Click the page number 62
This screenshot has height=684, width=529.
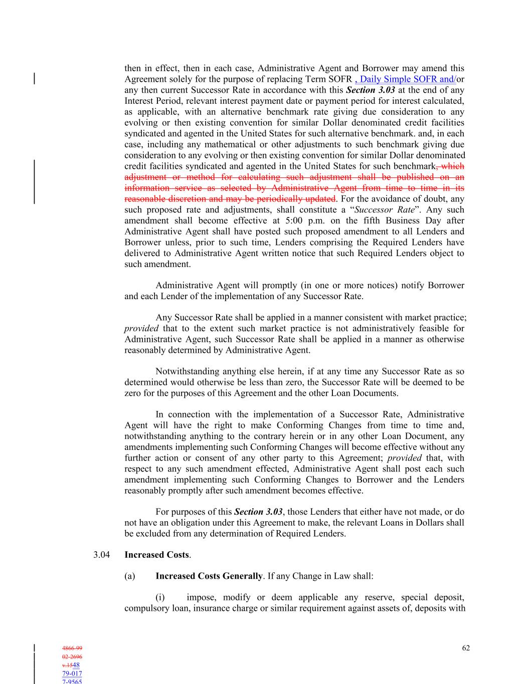466,648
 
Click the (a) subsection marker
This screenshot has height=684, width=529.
129,576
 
